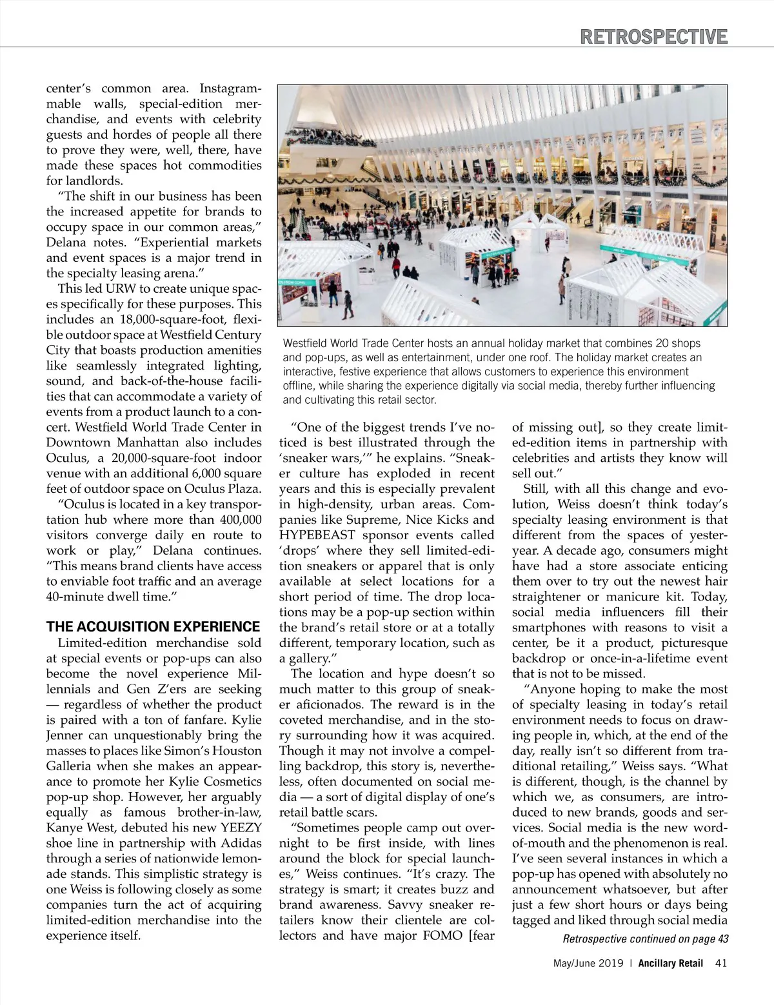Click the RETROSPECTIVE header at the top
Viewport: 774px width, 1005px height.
point(653,36)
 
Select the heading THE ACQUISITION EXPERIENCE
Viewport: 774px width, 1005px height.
point(154,627)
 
